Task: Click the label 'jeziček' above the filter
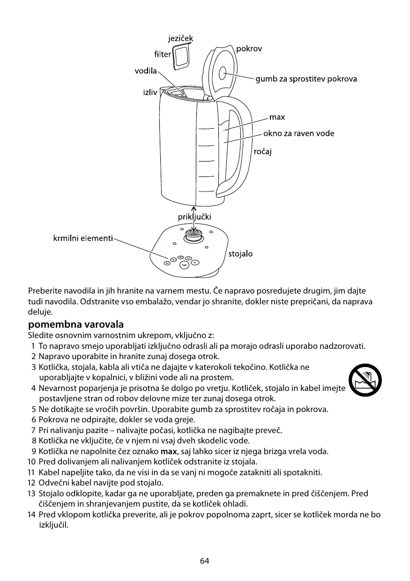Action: [180, 38]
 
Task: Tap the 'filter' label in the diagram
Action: [163, 54]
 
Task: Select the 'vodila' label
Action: [145, 71]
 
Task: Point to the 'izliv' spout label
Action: [150, 92]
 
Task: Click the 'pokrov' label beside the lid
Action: [249, 49]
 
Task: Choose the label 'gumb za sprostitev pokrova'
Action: [306, 79]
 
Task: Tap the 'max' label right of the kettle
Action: [277, 117]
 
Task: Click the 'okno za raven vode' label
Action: [298, 133]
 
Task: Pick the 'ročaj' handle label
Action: [263, 151]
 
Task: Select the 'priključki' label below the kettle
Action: [194, 217]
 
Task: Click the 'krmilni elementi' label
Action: [82, 238]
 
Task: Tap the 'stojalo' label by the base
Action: [240, 254]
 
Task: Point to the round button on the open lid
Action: [222, 73]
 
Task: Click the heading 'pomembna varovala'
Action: [76, 324]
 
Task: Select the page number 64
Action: [205, 561]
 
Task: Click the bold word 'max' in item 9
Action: [168, 452]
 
